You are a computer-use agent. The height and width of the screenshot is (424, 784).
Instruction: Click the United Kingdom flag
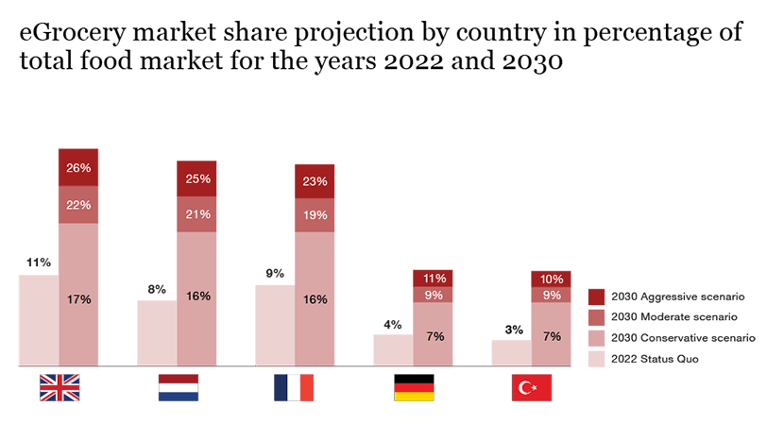tap(59, 387)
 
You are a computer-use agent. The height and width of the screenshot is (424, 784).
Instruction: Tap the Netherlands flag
tap(177, 387)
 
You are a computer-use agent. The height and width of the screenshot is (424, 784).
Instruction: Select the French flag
tap(294, 387)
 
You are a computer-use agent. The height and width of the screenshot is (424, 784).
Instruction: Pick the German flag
tap(413, 387)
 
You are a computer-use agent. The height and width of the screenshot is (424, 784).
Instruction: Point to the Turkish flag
tap(531, 387)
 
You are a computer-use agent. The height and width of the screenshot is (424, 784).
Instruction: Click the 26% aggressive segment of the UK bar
tap(78, 168)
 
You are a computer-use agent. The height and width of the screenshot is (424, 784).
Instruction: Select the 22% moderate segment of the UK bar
tap(78, 206)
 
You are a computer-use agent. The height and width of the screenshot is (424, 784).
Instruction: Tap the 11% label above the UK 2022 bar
tap(39, 263)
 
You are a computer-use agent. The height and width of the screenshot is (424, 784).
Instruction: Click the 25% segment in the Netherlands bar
tap(196, 178)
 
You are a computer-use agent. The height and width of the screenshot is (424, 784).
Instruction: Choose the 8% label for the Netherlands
tap(157, 289)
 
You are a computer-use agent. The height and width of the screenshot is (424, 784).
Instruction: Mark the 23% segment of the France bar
tap(315, 181)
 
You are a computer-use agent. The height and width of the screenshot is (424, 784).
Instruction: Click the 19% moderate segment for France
tap(315, 214)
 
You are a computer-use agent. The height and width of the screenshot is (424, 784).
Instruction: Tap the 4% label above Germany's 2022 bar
tap(393, 325)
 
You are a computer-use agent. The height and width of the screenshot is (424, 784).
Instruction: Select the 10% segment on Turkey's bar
tap(551, 279)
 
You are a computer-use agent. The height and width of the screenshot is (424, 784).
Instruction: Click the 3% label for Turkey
tap(511, 330)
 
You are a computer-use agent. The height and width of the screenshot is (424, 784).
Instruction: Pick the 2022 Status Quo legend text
tap(655, 359)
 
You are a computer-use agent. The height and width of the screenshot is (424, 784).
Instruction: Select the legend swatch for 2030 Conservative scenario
tap(596, 338)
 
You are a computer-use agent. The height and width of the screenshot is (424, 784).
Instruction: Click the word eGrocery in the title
tap(73, 33)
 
